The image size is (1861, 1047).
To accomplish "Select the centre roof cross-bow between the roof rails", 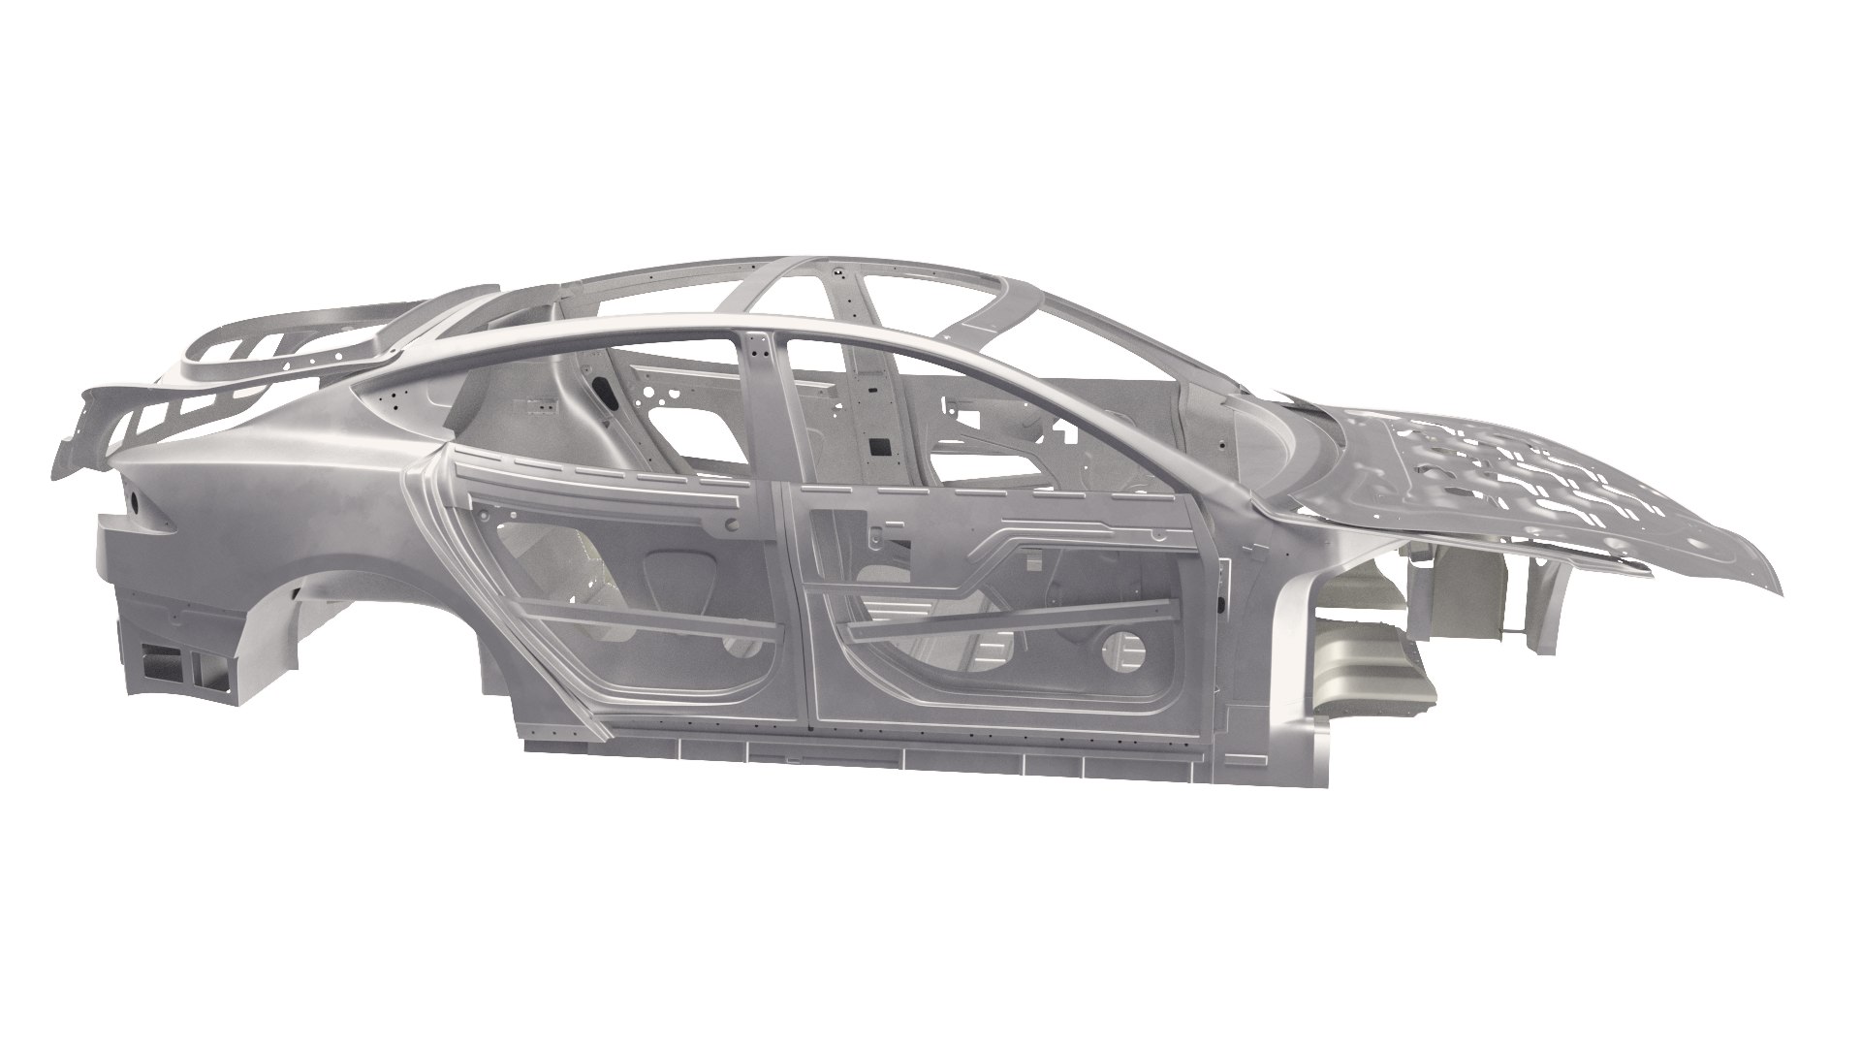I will pyautogui.click(x=853, y=320).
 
